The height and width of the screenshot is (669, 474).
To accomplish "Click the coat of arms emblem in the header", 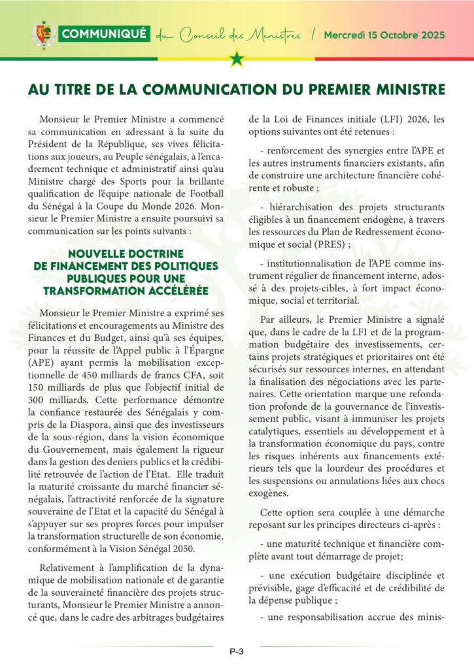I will [43, 35].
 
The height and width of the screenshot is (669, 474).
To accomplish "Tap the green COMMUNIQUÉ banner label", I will [104, 34].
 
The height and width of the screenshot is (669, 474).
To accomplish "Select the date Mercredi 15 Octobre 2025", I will [384, 34].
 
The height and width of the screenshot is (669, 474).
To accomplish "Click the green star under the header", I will [237, 60].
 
